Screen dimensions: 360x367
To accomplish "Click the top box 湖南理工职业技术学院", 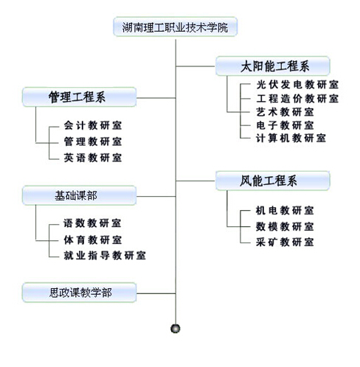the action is (175, 27).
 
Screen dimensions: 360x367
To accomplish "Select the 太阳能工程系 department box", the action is (272, 66).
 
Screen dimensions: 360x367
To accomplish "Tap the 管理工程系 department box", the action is (79, 97).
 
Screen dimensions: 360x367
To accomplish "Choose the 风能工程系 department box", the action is (272, 181).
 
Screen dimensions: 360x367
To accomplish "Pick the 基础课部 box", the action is (79, 195).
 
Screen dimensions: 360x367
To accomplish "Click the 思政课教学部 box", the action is (79, 293).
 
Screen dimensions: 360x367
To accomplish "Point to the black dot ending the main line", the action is (176, 329).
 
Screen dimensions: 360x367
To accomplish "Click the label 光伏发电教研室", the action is (297, 85).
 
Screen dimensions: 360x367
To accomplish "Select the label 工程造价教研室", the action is (297, 99).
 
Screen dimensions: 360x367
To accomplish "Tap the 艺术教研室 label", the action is (285, 112).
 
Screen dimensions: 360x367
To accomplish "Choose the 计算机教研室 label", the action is (291, 138).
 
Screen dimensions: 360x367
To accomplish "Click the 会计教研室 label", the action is (93, 125).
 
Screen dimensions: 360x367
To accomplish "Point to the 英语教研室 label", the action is (93, 158).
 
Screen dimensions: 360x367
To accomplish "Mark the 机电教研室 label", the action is (285, 211).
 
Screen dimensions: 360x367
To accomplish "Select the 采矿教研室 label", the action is (285, 242).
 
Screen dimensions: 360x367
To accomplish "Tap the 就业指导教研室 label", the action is (105, 256).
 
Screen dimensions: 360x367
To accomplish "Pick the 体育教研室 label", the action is (93, 240).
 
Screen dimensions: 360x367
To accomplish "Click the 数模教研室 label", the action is (285, 226).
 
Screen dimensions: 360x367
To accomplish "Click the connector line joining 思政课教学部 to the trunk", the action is (156, 293).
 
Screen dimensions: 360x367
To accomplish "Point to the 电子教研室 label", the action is (285, 125).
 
